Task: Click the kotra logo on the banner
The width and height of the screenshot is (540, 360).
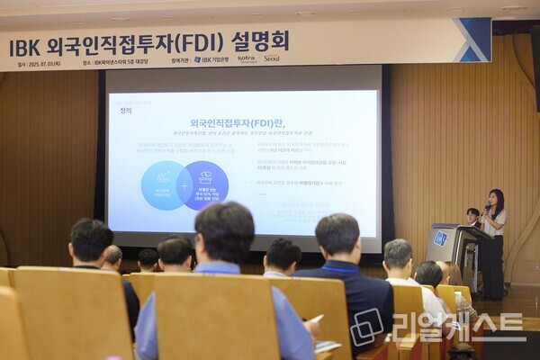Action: [247, 58]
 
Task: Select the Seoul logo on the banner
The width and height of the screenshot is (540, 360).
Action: [271, 58]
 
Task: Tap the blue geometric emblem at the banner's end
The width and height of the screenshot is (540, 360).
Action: [472, 40]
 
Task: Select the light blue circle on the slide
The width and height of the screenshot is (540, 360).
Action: [164, 185]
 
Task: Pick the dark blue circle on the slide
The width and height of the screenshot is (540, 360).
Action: [205, 184]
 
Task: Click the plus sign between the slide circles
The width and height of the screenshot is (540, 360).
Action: [184, 185]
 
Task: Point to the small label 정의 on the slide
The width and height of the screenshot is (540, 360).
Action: [125, 111]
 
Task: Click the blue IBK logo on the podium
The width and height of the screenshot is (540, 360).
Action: [440, 238]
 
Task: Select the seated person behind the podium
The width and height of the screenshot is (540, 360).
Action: [472, 217]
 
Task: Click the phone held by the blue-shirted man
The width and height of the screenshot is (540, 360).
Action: [317, 319]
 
